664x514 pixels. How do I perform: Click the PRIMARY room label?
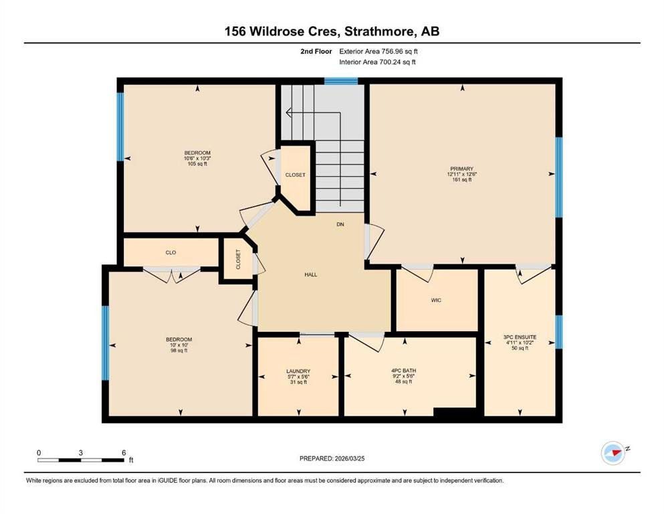[x=461, y=169]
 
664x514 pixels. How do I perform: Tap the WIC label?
[x=436, y=301]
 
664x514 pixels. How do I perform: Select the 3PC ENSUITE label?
[x=520, y=337]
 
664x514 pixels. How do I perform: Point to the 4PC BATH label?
[x=404, y=371]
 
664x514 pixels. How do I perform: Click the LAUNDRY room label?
[x=298, y=371]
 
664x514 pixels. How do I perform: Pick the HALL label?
[x=311, y=274]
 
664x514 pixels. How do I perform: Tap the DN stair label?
[x=340, y=224]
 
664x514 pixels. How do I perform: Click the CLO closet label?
[x=171, y=252]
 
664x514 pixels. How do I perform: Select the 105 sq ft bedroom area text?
[x=197, y=163]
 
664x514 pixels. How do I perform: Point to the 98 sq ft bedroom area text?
[x=179, y=351]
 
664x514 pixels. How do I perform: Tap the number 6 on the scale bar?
[x=124, y=452]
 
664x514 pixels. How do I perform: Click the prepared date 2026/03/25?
[x=349, y=458]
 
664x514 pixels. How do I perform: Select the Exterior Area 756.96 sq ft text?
[x=378, y=52]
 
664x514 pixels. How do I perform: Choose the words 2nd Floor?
[x=316, y=52]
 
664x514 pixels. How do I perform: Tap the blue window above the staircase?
[x=341, y=81]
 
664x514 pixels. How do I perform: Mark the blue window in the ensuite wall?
[x=559, y=332]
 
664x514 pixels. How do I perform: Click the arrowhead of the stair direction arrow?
[x=289, y=112]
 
